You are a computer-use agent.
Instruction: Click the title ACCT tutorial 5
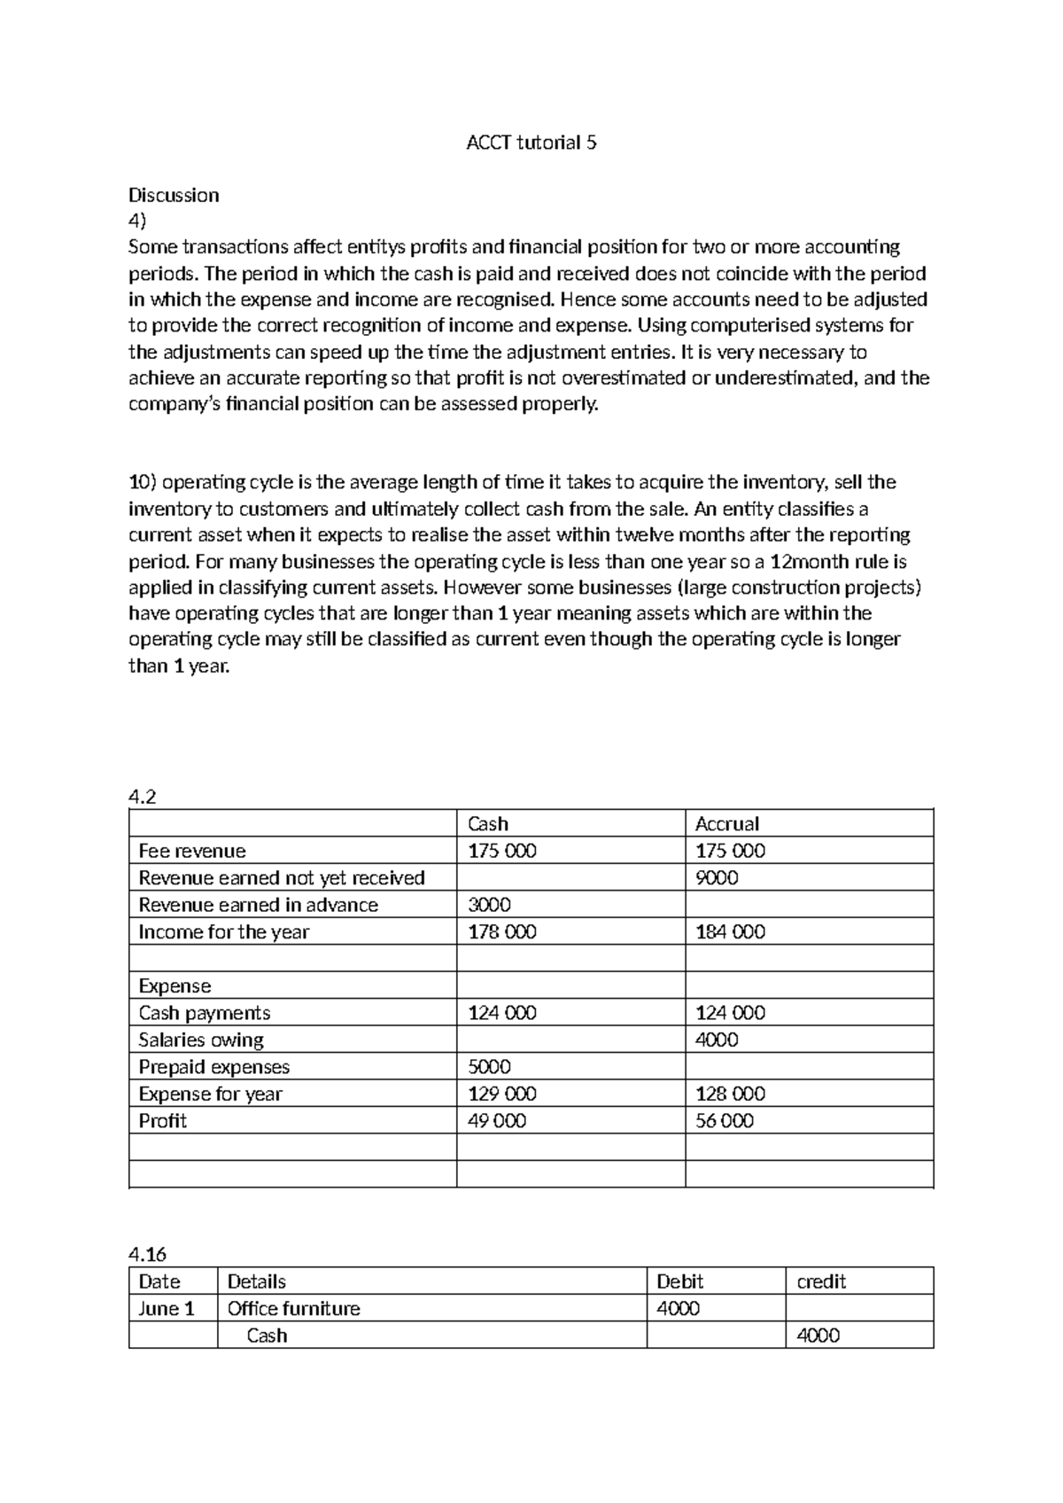coord(531,143)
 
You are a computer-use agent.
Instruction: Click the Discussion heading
coord(174,195)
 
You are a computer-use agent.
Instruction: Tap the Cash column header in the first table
coord(487,823)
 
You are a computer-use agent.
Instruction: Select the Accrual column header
coord(726,823)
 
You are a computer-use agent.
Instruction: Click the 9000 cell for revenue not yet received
coord(717,877)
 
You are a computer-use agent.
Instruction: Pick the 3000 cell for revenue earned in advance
coord(489,905)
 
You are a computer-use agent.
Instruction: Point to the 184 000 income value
coord(730,931)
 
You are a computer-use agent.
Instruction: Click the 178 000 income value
coord(501,931)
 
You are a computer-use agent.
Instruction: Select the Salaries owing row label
coord(201,1040)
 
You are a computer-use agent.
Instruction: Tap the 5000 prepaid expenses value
coord(489,1067)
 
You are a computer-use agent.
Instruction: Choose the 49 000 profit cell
coord(496,1121)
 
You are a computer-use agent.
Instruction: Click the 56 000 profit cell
coord(725,1121)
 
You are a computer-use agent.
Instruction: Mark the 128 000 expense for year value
coord(730,1094)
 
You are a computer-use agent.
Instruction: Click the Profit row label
coord(162,1121)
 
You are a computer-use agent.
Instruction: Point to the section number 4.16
coord(147,1254)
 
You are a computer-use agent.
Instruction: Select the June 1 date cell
coord(167,1309)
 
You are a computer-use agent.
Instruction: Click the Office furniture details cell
coord(293,1309)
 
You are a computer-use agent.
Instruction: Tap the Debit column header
coord(679,1281)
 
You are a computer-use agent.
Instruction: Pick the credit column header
coord(821,1281)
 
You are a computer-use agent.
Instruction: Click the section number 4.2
coord(142,797)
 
